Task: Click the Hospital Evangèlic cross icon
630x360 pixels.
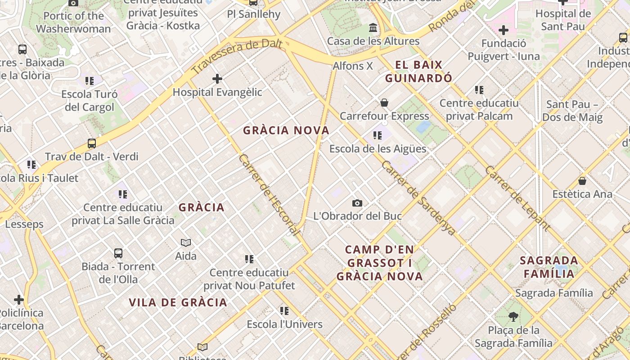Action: tap(217, 79)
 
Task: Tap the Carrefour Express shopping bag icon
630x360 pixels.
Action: tap(384, 103)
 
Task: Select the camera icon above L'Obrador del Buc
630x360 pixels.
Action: tap(357, 203)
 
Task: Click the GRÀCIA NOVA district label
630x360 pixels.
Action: tap(286, 130)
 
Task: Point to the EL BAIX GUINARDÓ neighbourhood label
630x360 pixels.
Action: tap(419, 72)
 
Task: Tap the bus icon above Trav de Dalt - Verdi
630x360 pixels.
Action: tap(92, 144)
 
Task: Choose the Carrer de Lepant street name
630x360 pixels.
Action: tap(517, 198)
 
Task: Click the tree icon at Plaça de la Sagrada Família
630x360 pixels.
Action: tap(513, 317)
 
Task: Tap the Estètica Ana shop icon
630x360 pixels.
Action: tap(582, 181)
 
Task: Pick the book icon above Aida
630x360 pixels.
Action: tap(186, 243)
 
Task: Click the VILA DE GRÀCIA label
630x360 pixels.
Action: tap(178, 302)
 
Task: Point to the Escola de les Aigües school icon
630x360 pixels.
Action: tap(378, 135)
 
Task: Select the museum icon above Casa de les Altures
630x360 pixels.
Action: tap(373, 28)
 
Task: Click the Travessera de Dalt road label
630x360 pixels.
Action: tap(237, 56)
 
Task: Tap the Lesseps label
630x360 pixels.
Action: tap(24, 224)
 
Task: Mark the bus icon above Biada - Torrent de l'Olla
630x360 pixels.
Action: tap(118, 253)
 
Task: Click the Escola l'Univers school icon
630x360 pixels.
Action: tap(284, 311)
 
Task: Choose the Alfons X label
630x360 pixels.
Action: tap(353, 66)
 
